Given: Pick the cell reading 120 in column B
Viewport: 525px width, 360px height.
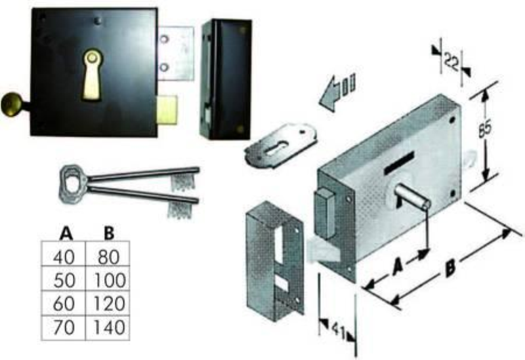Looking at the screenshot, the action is pyautogui.click(x=108, y=304).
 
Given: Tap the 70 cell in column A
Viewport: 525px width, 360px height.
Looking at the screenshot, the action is pyautogui.click(x=64, y=328).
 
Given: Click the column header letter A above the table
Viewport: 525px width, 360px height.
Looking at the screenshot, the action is pyautogui.click(x=66, y=233).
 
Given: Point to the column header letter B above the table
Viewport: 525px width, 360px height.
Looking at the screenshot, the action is pyautogui.click(x=109, y=233).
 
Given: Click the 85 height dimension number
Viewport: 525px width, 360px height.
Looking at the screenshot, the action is pyautogui.click(x=484, y=128).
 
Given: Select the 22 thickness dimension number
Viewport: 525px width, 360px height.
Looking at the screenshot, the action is pyautogui.click(x=451, y=61).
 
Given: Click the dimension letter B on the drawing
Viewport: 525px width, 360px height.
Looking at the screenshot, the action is pyautogui.click(x=450, y=269).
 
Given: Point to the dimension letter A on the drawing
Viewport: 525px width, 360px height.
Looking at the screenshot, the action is pyautogui.click(x=398, y=266).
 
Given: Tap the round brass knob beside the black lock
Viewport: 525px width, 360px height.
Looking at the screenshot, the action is pyautogui.click(x=12, y=104).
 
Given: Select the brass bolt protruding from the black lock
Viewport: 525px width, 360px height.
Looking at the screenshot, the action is pyautogui.click(x=167, y=110).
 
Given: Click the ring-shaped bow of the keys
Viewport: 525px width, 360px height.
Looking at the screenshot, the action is pyautogui.click(x=73, y=184).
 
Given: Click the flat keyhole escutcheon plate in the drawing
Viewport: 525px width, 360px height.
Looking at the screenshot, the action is pyautogui.click(x=280, y=145).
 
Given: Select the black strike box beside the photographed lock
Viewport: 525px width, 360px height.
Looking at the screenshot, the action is pyautogui.click(x=226, y=79).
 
